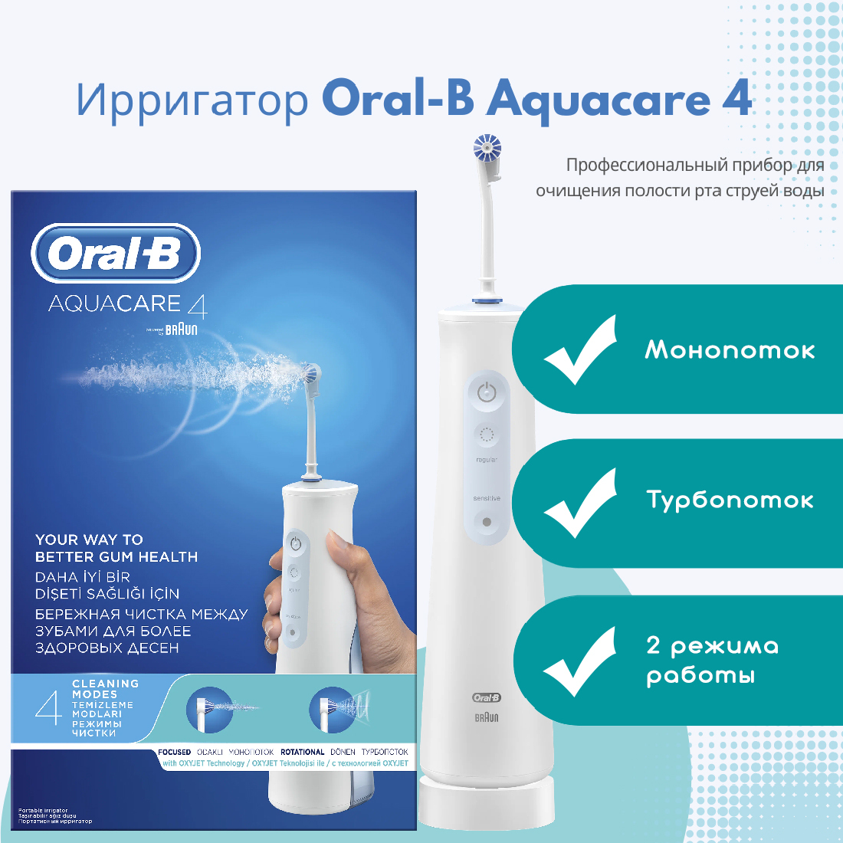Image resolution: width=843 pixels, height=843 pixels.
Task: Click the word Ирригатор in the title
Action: coord(192,100)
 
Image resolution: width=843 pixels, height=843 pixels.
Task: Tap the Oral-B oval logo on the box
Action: coord(116,254)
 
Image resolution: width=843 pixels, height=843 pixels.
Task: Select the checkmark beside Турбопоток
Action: coord(580,503)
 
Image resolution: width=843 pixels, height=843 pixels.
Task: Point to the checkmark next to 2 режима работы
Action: coord(580,661)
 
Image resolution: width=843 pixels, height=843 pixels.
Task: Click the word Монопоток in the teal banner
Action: coord(730,350)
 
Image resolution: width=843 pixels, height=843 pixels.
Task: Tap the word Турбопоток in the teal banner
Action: coord(730,500)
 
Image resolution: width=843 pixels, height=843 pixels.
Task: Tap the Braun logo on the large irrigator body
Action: coord(486,718)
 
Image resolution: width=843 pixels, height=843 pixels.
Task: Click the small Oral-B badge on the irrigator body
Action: coord(486,697)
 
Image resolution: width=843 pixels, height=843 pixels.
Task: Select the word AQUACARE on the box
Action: coord(115,304)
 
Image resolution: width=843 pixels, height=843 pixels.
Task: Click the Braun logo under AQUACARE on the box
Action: coord(180,330)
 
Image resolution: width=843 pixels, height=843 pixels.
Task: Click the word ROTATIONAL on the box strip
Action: coord(302,753)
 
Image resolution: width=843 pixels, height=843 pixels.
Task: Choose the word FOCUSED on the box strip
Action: coord(174,753)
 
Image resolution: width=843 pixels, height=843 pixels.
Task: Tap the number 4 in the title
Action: coord(737,100)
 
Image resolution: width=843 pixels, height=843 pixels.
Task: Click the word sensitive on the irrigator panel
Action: coord(486,499)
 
